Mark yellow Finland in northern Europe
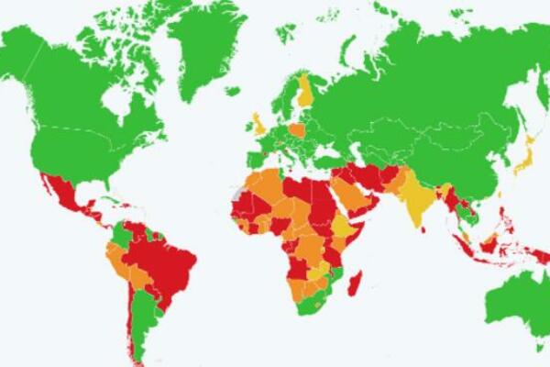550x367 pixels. click(x=306, y=92)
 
